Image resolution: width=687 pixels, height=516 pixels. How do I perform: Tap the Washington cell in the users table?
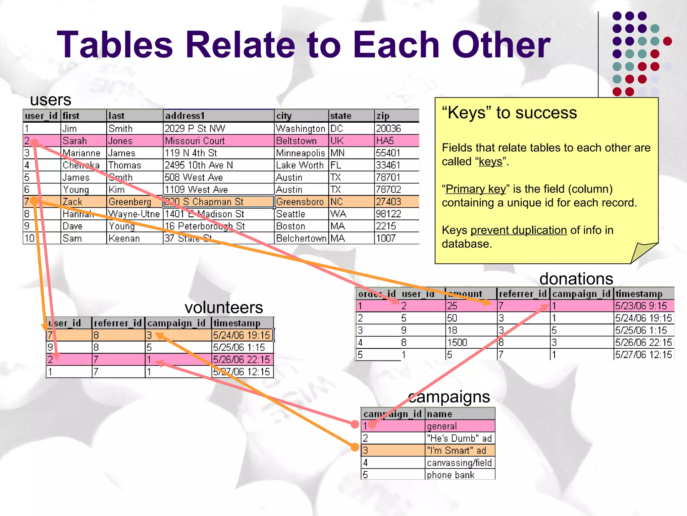[301, 129]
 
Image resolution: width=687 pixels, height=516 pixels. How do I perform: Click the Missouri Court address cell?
[195, 141]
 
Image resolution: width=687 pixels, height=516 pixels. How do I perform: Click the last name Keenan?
[124, 239]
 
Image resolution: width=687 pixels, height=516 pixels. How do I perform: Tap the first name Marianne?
[82, 153]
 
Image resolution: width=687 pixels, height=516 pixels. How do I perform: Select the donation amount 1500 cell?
[457, 343]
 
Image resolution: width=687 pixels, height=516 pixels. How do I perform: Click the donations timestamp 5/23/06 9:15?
[641, 306]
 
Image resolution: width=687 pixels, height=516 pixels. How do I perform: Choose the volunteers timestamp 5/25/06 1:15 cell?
[239, 347]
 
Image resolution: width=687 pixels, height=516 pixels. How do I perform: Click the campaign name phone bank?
[451, 475]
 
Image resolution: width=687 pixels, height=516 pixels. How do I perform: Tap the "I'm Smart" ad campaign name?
[456, 450]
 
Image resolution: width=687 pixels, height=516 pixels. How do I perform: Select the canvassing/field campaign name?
[459, 463]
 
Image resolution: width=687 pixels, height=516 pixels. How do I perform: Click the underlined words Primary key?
[475, 189]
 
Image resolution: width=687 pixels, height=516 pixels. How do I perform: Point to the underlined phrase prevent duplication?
[518, 230]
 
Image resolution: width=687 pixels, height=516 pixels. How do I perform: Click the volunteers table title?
[224, 307]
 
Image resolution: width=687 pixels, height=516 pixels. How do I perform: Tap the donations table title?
[576, 279]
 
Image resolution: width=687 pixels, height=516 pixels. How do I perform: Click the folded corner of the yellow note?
[642, 253]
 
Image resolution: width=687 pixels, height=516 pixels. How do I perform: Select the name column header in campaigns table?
[439, 414]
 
